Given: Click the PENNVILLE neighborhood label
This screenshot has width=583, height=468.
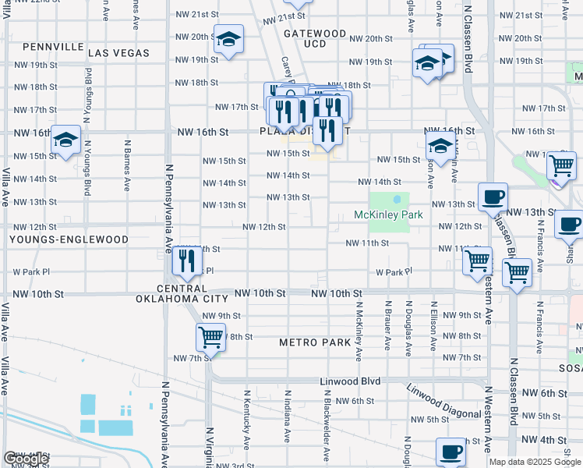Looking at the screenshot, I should pyautogui.click(x=53, y=47).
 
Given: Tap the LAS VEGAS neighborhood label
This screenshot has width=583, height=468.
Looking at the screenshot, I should pyautogui.click(x=118, y=53).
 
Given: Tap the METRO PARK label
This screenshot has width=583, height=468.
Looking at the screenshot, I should pyautogui.click(x=314, y=342).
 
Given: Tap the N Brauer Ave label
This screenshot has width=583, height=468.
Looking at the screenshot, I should pyautogui.click(x=387, y=323).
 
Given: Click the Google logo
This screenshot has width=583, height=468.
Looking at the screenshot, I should pyautogui.click(x=26, y=459).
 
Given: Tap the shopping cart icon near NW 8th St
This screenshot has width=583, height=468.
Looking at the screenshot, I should pyautogui.click(x=210, y=337).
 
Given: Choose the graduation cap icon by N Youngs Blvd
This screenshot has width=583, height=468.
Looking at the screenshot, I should pyautogui.click(x=66, y=140).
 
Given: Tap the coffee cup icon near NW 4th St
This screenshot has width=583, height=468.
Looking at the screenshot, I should pyautogui.click(x=450, y=451).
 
